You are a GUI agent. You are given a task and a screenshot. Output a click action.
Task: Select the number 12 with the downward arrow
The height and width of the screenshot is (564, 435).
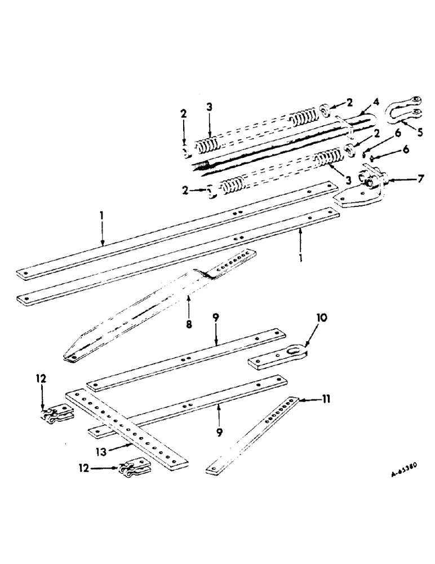pos(43,380)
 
